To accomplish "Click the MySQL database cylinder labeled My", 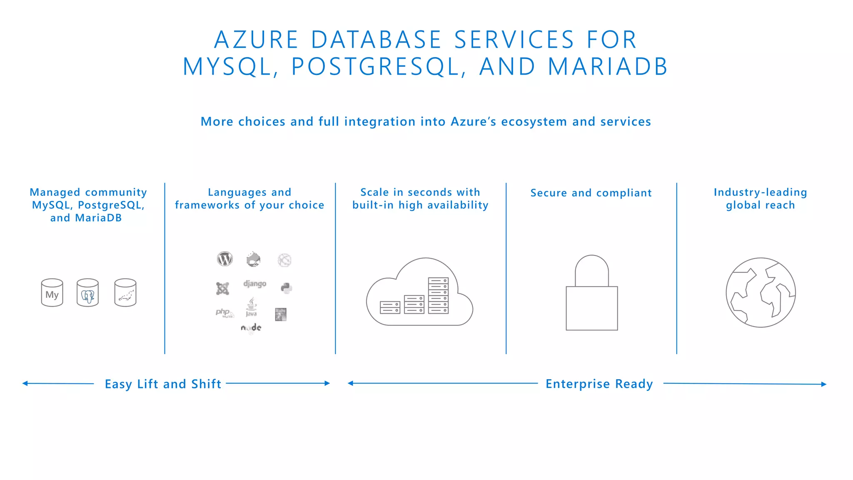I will coord(52,293).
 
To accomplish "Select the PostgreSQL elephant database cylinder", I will coord(87,293).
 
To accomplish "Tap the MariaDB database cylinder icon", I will coord(125,293).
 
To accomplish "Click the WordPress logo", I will coord(225,259).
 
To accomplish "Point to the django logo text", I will coord(254,284).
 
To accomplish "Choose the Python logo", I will coord(286,288).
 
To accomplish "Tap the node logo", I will coord(251,328).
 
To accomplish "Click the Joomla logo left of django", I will coord(222,288).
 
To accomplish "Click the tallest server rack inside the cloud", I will coord(438,295).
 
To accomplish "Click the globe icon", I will coord(761,292).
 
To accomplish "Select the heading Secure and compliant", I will coord(591,193).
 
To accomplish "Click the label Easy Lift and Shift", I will coord(163,384).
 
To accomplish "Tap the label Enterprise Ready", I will coord(599,384).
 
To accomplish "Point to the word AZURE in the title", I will coord(257,40).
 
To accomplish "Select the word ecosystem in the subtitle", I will coord(534,122).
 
